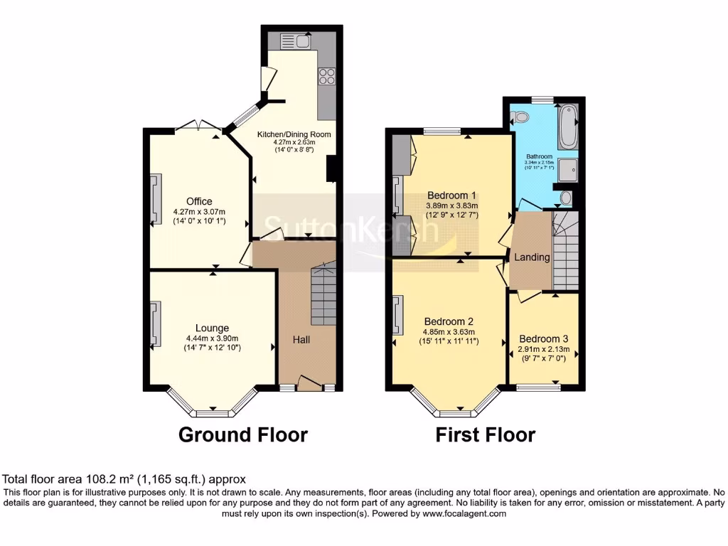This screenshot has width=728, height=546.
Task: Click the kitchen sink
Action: [x=296, y=41]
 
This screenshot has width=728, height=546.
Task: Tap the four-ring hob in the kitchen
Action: [x=327, y=76]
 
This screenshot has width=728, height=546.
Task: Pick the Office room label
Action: [x=199, y=201]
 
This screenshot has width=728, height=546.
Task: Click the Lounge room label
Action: [x=212, y=328]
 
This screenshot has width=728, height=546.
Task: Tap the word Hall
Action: [x=301, y=340]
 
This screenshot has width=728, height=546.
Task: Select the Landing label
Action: [x=532, y=257]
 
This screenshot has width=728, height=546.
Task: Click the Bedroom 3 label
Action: [x=544, y=339]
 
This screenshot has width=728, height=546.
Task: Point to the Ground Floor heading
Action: [x=242, y=434]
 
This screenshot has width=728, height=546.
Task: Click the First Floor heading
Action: [x=486, y=434]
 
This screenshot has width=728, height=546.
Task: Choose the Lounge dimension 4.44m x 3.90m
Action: [x=212, y=338]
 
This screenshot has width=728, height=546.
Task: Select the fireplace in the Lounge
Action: [x=154, y=323]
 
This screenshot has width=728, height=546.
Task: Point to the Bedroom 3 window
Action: [x=537, y=387]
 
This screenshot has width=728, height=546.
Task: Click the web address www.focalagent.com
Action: [x=464, y=513]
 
